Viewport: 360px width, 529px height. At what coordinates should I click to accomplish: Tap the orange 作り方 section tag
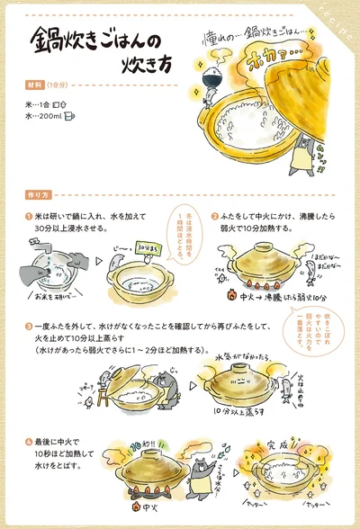39,194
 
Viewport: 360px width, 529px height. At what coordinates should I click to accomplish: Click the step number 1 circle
29,217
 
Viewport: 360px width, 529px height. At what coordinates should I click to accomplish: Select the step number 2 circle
215,216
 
